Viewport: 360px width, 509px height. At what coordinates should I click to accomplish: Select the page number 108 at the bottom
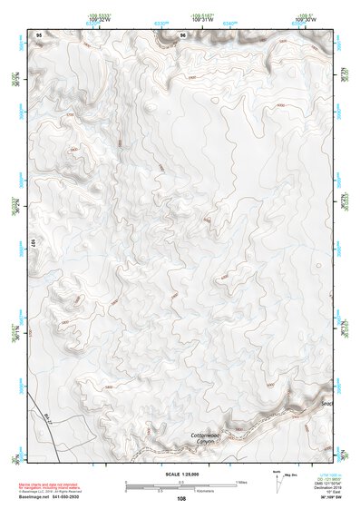[x=181, y=499]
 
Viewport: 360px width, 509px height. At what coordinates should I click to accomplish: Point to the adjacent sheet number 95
[x=39, y=34]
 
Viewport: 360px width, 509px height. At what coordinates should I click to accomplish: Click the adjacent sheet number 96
[x=183, y=34]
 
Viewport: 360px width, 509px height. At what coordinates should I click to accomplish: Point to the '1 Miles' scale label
[x=241, y=481]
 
